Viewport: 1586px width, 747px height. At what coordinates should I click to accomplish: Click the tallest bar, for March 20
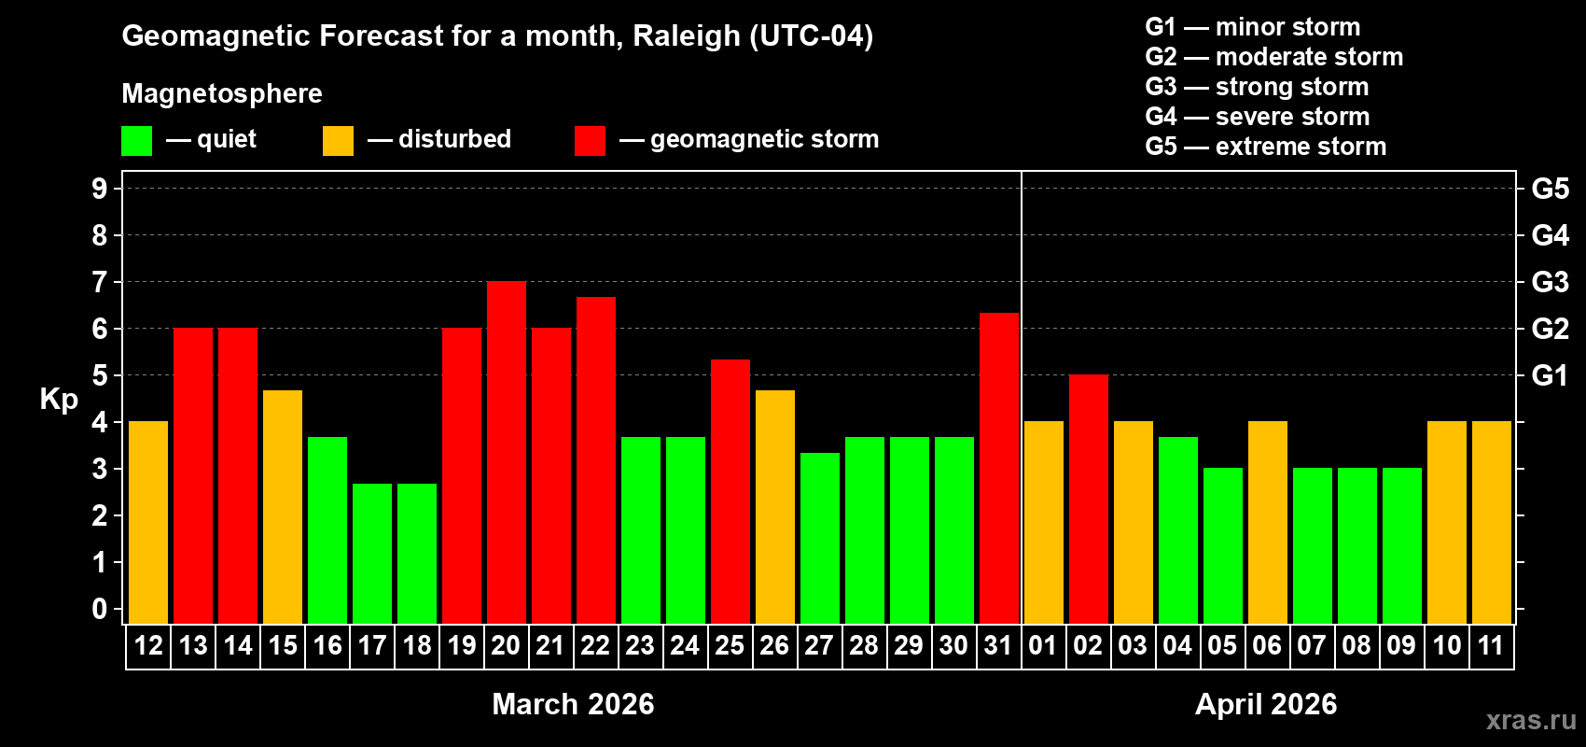tap(506, 453)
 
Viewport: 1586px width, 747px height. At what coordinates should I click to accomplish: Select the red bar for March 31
tap(998, 468)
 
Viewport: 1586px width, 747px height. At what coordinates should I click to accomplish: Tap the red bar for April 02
tap(1088, 500)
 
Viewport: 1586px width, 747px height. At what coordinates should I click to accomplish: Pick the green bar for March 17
tap(371, 554)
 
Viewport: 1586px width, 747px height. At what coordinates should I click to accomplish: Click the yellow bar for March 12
tap(147, 523)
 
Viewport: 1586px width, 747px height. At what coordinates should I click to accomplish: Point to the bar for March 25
tap(730, 492)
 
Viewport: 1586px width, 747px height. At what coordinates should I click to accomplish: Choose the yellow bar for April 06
tap(1267, 523)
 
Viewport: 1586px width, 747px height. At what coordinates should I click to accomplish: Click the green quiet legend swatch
tap(136, 141)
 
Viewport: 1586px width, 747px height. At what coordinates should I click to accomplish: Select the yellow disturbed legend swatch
tap(338, 141)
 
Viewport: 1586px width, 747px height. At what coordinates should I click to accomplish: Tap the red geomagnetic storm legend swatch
tap(590, 141)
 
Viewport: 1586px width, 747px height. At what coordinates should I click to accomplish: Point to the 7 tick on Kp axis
tap(100, 282)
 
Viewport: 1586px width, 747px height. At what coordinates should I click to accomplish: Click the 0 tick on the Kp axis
tap(100, 610)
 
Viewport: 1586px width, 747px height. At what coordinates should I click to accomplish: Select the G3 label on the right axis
tap(1550, 282)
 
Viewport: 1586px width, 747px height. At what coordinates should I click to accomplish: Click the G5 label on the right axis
tap(1550, 189)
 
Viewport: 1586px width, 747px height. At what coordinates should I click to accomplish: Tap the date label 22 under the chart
tap(595, 646)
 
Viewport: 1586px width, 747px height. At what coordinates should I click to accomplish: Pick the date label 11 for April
tap(1491, 646)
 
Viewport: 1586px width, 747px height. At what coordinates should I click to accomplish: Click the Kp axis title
tap(59, 399)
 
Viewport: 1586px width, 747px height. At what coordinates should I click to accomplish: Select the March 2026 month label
tap(573, 704)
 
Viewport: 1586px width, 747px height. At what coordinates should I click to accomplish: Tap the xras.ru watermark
tap(1531, 720)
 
